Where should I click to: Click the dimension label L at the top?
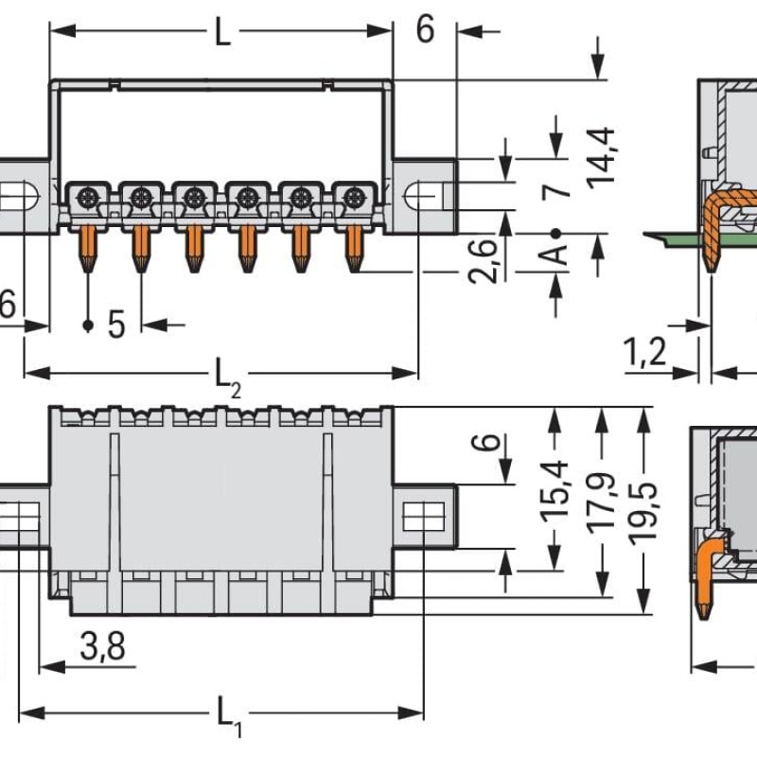(222, 32)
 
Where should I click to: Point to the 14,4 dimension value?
(601, 157)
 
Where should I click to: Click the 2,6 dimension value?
(483, 261)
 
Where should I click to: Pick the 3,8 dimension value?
(103, 646)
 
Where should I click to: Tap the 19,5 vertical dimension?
(643, 512)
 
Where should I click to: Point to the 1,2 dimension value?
(645, 351)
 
